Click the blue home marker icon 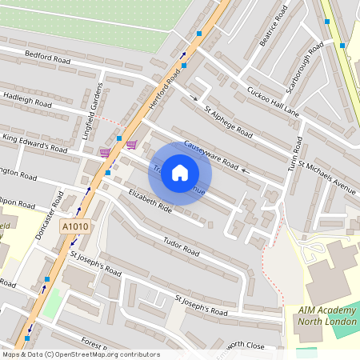tap(180, 173)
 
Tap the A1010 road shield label tap(75, 227)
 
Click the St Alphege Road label tap(228, 122)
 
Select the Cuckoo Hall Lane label tap(273, 102)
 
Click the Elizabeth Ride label tap(150, 201)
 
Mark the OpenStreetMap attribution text tap(80, 354)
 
